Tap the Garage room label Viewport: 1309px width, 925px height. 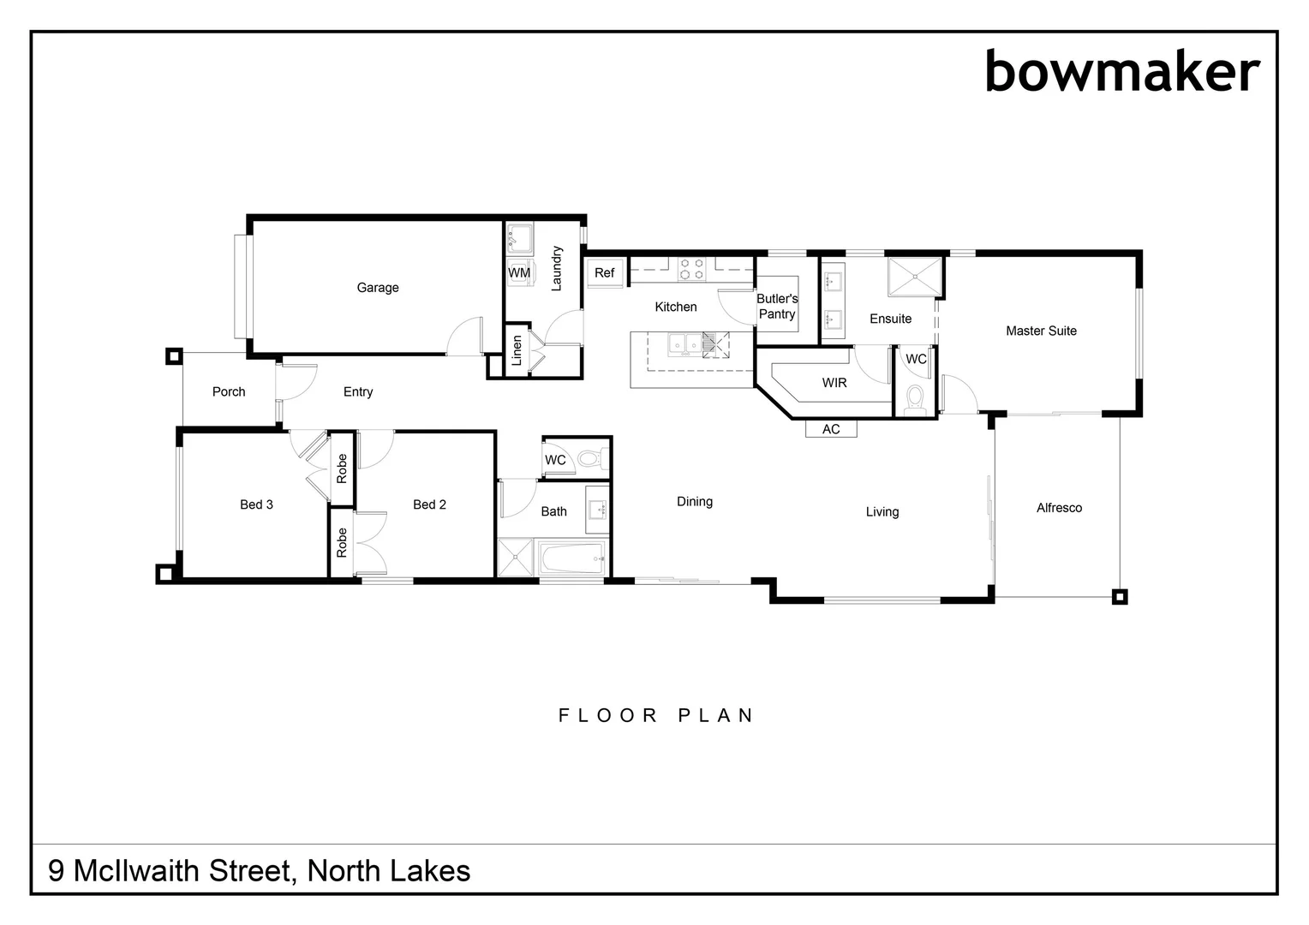tap(378, 288)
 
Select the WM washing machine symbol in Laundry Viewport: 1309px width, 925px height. tap(519, 272)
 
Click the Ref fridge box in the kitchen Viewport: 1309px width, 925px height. tap(604, 272)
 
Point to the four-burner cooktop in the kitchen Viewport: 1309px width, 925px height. tap(692, 269)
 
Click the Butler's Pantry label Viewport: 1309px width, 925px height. tap(777, 307)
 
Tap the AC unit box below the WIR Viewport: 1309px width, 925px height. tap(831, 429)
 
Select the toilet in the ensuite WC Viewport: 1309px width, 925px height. tap(916, 399)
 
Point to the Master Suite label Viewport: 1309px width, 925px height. tap(1041, 331)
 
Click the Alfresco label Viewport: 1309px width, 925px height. tap(1059, 508)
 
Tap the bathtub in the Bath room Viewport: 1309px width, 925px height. tap(573, 560)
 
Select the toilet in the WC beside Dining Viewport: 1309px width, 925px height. tap(589, 459)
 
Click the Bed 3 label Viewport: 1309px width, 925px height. tap(256, 504)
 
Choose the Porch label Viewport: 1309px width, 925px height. tap(229, 391)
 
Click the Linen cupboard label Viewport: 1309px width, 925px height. tap(517, 350)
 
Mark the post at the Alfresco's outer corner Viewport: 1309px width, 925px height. tap(1120, 597)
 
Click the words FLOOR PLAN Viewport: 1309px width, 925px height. tap(656, 715)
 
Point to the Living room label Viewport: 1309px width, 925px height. tap(882, 512)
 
